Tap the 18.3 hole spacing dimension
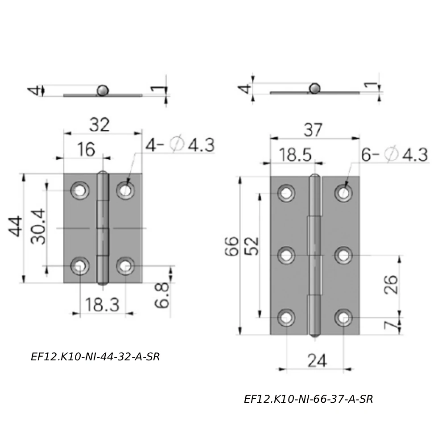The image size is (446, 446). click(x=102, y=305)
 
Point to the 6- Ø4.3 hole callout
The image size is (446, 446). click(x=394, y=155)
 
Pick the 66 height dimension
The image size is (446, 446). click(x=231, y=246)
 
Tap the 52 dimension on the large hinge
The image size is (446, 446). click(x=252, y=246)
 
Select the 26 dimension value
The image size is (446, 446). click(x=390, y=285)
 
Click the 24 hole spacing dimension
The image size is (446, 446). click(x=317, y=360)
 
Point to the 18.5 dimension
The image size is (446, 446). click(x=295, y=155)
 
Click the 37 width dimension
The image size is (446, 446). click(x=313, y=130)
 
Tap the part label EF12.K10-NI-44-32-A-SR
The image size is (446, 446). click(x=95, y=357)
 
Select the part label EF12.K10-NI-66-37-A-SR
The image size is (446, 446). click(x=308, y=399)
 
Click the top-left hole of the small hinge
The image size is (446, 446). click(x=80, y=190)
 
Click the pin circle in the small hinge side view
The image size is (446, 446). click(x=102, y=90)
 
